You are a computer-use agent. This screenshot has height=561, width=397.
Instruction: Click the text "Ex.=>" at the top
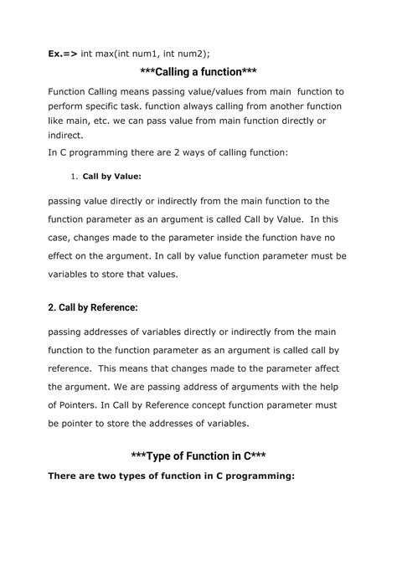point(64,54)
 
